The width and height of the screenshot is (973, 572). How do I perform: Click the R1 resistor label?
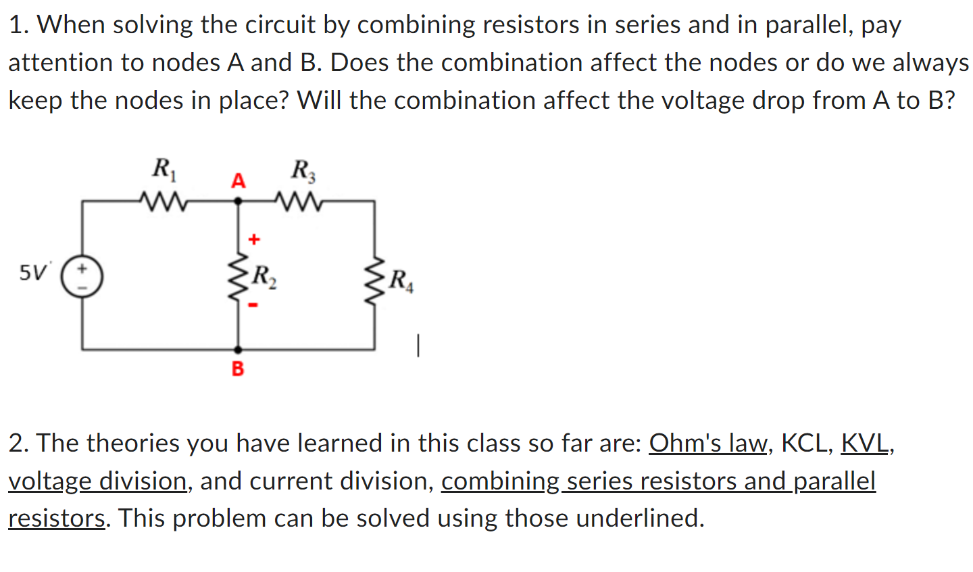click(164, 168)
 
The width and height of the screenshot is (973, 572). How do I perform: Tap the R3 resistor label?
click(303, 170)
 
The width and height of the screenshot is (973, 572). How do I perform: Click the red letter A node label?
click(238, 181)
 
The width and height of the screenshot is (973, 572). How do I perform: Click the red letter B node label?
click(238, 368)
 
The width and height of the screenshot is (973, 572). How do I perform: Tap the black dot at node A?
click(238, 201)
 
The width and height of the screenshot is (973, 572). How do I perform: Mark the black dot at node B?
click(238, 350)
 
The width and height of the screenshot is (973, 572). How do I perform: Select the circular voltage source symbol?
click(82, 277)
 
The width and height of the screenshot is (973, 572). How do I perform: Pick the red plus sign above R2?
click(253, 239)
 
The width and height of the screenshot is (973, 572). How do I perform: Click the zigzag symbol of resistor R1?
click(162, 200)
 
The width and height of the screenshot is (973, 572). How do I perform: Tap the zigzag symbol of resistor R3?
click(297, 200)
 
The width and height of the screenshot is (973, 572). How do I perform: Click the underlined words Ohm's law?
click(708, 443)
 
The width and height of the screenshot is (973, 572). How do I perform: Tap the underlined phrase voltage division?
click(97, 481)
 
